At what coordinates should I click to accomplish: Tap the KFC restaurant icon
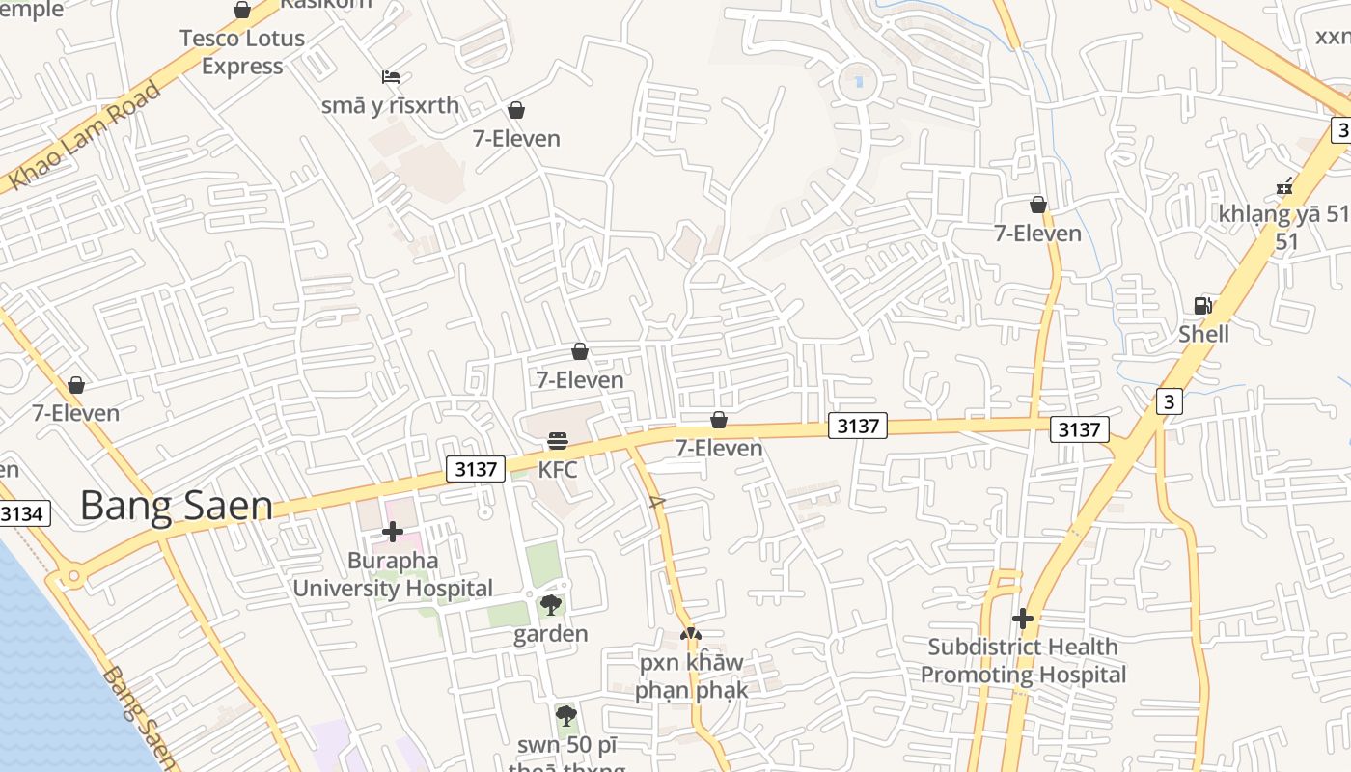point(558,441)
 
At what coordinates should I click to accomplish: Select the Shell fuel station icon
point(1202,306)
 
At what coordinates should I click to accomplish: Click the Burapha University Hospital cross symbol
point(393,532)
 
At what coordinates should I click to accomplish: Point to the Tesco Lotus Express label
point(242,52)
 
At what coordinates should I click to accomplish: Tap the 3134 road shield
point(21,513)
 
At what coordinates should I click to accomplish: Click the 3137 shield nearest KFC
point(477,469)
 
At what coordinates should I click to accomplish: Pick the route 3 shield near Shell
point(1169,400)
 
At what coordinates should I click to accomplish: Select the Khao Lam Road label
point(84,136)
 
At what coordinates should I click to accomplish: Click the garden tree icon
point(551,605)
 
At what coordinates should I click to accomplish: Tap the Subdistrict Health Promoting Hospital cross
point(1023,618)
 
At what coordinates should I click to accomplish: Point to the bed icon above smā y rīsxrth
point(391,76)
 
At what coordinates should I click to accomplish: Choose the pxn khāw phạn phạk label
point(692,675)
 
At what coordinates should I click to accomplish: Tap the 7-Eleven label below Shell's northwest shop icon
point(1038,234)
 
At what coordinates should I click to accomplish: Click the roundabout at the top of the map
point(856,81)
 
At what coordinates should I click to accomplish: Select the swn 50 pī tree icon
point(566,716)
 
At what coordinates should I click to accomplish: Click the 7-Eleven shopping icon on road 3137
point(718,420)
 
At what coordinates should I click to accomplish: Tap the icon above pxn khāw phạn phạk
point(690,634)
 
